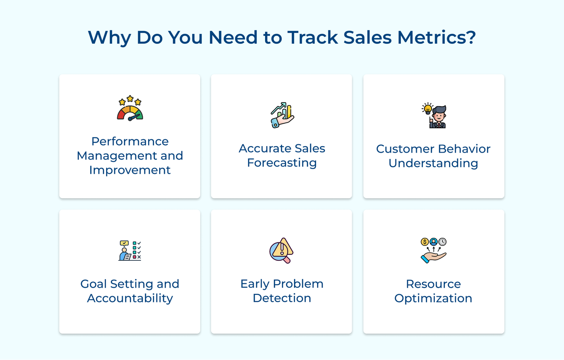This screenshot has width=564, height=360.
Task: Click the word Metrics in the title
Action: click(436, 37)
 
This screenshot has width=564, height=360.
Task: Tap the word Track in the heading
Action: click(313, 37)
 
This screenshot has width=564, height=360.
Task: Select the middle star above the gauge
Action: click(130, 99)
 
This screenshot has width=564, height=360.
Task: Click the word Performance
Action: click(130, 141)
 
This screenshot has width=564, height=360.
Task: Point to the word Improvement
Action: click(130, 170)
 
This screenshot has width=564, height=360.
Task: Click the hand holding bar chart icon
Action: click(282, 115)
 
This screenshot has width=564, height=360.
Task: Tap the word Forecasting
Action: click(282, 163)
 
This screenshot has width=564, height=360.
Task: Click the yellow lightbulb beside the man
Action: click(428, 108)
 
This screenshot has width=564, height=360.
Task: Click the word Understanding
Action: click(433, 163)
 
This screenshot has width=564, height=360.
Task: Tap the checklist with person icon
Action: click(130, 250)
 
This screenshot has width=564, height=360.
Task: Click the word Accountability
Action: click(130, 298)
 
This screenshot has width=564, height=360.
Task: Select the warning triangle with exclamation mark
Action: click(283, 247)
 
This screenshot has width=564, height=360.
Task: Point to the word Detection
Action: click(282, 298)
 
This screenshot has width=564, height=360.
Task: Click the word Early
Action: click(255, 284)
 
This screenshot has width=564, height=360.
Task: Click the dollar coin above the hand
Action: click(425, 242)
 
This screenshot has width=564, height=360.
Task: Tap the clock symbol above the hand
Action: click(442, 242)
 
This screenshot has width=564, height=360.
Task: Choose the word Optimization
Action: click(433, 298)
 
